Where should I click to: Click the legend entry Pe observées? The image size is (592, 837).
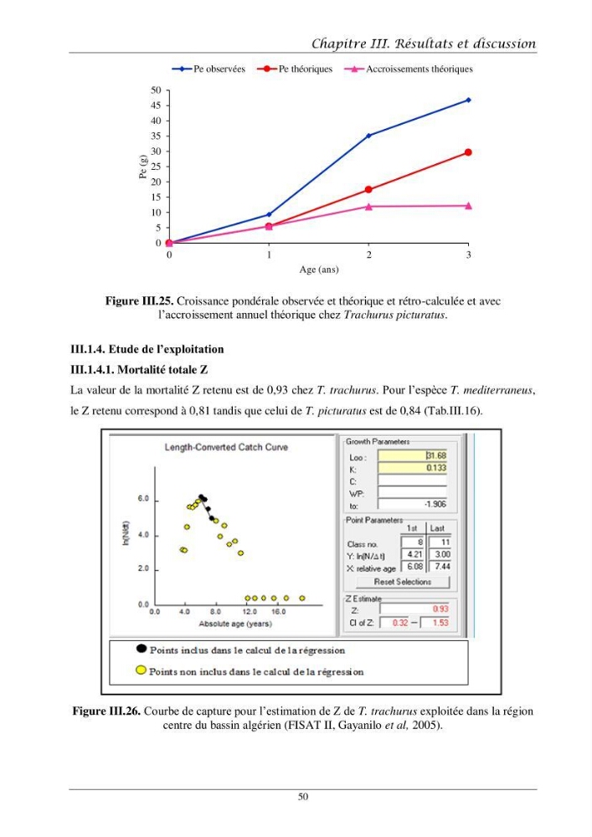pos(208,69)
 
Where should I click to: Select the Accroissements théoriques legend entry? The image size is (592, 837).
pos(409,69)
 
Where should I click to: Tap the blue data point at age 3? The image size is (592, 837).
pos(469,100)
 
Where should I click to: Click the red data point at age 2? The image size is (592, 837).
pos(369,189)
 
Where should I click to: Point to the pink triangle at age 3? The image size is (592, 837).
pos(469,206)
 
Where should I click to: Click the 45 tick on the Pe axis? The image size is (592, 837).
pos(156,105)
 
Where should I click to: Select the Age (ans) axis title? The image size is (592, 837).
pos(319,270)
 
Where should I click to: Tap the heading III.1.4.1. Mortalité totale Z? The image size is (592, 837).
pos(139,369)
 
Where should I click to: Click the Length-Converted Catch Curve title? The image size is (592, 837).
pos(226,447)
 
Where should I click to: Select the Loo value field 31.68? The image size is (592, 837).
pos(412,455)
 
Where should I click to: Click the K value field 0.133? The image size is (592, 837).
pos(412,468)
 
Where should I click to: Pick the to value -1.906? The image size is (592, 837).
pos(435,504)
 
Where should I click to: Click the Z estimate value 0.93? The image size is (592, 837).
pos(440,608)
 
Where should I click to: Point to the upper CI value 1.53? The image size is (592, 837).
pos(440,623)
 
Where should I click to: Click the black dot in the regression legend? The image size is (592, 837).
pos(141,649)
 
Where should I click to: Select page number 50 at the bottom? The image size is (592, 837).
pos(302,797)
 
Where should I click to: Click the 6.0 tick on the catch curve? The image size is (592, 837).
pos(143,499)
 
